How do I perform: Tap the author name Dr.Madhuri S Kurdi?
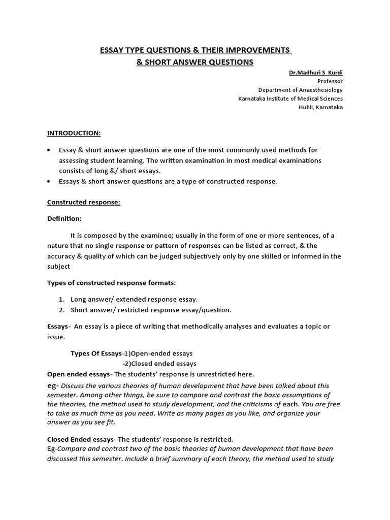[x=316, y=73]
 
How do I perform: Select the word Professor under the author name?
[x=330, y=81]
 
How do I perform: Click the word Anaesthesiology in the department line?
[x=317, y=90]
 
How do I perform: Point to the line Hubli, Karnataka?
[x=320, y=107]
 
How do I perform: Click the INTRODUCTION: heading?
[x=74, y=133]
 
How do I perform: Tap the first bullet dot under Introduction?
[x=48, y=151]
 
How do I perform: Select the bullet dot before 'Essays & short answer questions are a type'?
[x=48, y=181]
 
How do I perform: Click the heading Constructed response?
[x=84, y=202]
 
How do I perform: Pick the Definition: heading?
[x=64, y=218]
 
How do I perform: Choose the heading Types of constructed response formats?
[x=112, y=282]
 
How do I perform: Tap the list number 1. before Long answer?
[x=61, y=299]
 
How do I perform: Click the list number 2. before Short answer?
[x=61, y=310]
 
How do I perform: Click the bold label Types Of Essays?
[x=95, y=353]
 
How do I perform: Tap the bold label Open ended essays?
[x=78, y=374]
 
